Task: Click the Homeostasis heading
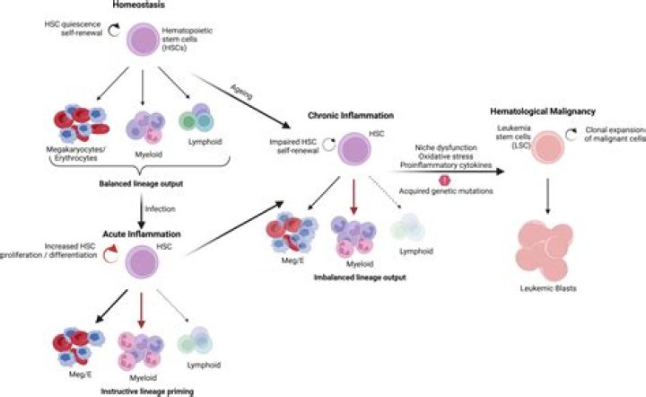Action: point(138,5)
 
